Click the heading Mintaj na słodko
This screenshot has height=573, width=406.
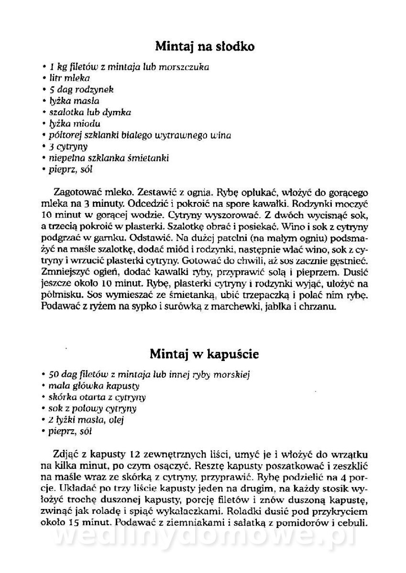[x=205, y=46]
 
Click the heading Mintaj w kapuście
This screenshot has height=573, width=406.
[x=204, y=354]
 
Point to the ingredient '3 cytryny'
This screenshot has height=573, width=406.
[x=68, y=147]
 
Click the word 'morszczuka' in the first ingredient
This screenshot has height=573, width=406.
[x=184, y=67]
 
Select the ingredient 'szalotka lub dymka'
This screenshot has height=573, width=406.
[x=90, y=112]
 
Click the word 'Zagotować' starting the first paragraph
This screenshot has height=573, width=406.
[x=79, y=193]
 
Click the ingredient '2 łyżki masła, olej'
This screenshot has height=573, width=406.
[x=86, y=420]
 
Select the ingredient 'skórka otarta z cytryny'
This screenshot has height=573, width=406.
[x=97, y=397]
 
